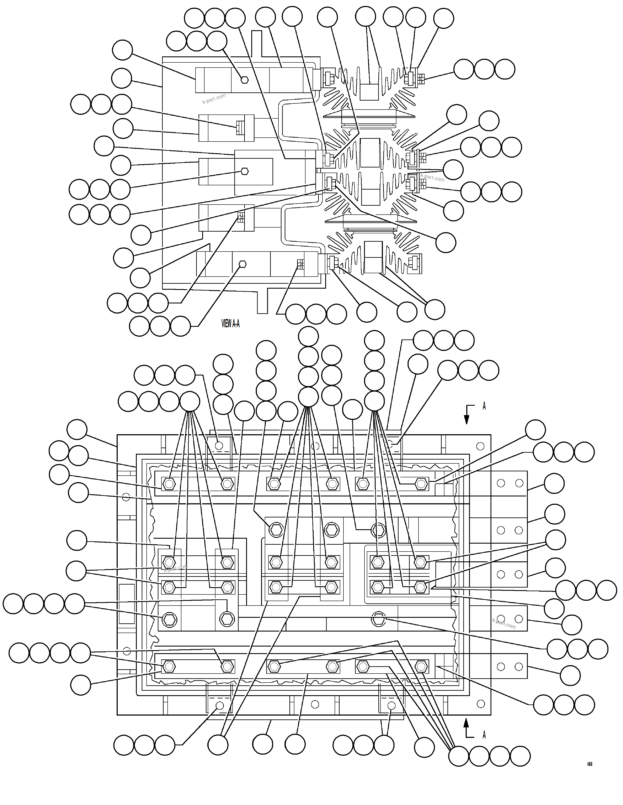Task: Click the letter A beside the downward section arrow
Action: (x=484, y=406)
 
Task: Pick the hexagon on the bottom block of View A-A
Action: (x=242, y=264)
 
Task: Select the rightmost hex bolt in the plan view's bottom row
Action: (x=421, y=666)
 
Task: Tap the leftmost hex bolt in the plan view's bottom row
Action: (x=169, y=666)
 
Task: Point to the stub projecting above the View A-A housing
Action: (x=257, y=44)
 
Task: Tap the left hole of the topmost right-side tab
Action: (x=501, y=483)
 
